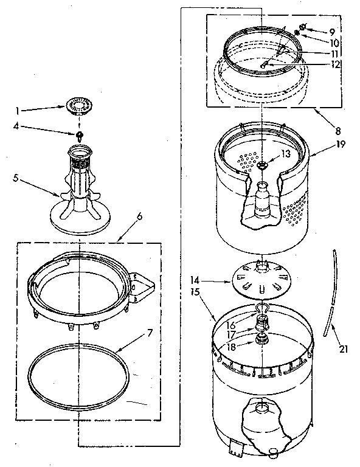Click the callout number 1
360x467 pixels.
coord(18,111)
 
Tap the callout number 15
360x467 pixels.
coord(196,292)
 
